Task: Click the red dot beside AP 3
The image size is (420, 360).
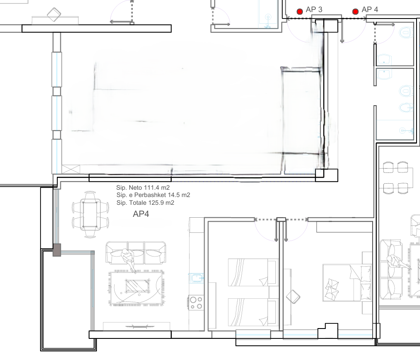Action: coord(300,11)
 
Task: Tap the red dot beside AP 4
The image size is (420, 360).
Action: coord(355,11)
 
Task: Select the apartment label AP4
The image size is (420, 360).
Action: coord(141,214)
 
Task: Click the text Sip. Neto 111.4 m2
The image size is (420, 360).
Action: coord(143,188)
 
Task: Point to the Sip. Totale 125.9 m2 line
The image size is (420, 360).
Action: coord(145,203)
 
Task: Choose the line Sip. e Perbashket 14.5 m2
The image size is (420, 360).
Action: coord(153,195)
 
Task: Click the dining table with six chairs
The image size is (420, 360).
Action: coord(90,214)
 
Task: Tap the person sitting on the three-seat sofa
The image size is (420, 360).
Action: coord(128,260)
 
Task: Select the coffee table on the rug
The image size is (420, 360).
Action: coord(137,286)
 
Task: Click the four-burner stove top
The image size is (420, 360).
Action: coord(196,303)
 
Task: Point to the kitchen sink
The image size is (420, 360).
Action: coord(196,278)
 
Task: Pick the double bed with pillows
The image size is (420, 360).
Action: coord(347,283)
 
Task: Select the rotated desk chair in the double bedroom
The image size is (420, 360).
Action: coord(293,297)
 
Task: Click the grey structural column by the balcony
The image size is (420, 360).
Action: coord(57,250)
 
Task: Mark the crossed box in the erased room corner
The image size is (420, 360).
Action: coord(71,169)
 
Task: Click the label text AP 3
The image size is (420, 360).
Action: coord(314,9)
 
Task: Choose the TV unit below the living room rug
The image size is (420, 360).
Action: coord(137,326)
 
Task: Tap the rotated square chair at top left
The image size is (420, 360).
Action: coord(54,15)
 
